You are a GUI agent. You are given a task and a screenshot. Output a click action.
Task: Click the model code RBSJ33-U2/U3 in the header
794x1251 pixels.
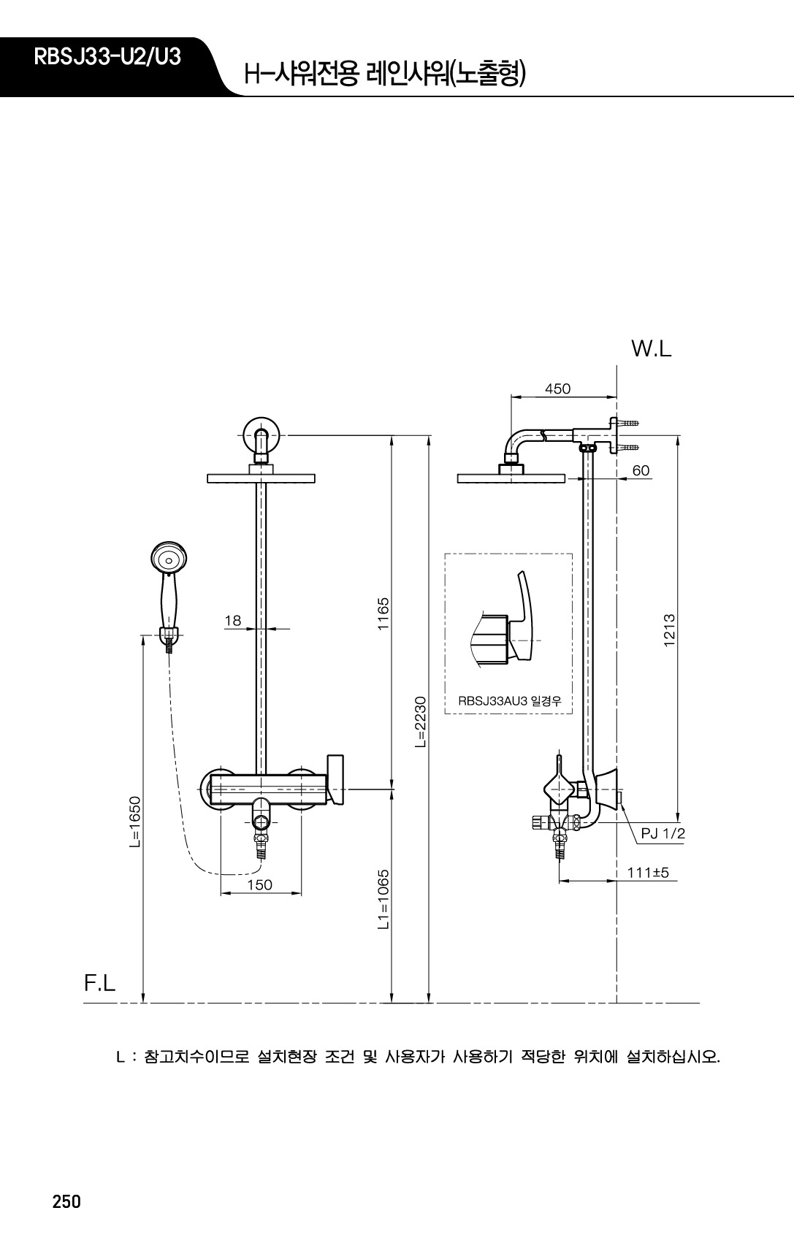(107, 57)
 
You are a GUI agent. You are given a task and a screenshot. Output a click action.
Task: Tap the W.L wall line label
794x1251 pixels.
(651, 349)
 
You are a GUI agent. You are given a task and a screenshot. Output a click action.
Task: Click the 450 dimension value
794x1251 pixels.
(557, 389)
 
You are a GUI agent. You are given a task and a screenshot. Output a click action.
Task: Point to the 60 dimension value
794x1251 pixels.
(641, 471)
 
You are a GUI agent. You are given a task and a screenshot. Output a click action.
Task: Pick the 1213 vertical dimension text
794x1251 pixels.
(669, 630)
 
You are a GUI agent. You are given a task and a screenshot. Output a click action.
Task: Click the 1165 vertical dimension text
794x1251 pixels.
(383, 613)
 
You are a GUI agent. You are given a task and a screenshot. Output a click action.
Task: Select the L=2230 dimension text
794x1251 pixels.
(420, 722)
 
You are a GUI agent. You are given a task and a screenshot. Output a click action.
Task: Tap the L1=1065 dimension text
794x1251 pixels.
(383, 899)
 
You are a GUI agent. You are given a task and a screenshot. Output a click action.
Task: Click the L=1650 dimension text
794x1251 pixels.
(134, 822)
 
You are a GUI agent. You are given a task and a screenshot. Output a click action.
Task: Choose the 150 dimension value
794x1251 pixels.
(260, 885)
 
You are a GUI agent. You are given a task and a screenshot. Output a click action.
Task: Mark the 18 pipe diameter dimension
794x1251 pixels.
(232, 621)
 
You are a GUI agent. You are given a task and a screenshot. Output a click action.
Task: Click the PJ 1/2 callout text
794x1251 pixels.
(663, 834)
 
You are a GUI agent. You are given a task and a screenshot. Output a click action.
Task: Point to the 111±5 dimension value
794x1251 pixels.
(648, 873)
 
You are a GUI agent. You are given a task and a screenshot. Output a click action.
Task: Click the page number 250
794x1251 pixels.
(66, 1202)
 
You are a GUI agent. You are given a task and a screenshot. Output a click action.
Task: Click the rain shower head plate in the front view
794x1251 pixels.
(261, 478)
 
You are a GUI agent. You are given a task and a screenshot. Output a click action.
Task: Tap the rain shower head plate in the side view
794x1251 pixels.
(511, 478)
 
